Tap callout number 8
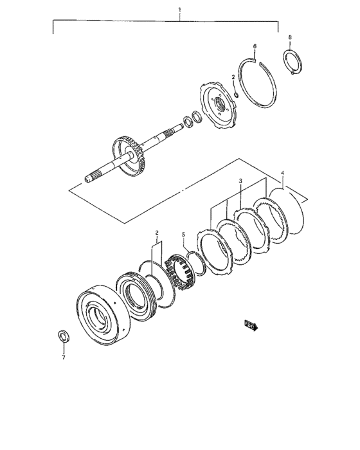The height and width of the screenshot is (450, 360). pos(290,37)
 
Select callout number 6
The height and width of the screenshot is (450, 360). pos(255,47)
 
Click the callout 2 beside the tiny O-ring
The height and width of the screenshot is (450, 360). pos(233,77)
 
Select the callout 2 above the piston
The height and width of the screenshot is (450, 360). pos(156,233)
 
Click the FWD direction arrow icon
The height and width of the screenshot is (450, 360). pos(250,326)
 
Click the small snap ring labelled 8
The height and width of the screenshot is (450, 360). pos(294,65)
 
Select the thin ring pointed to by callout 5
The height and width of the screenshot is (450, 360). pos(199,264)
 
